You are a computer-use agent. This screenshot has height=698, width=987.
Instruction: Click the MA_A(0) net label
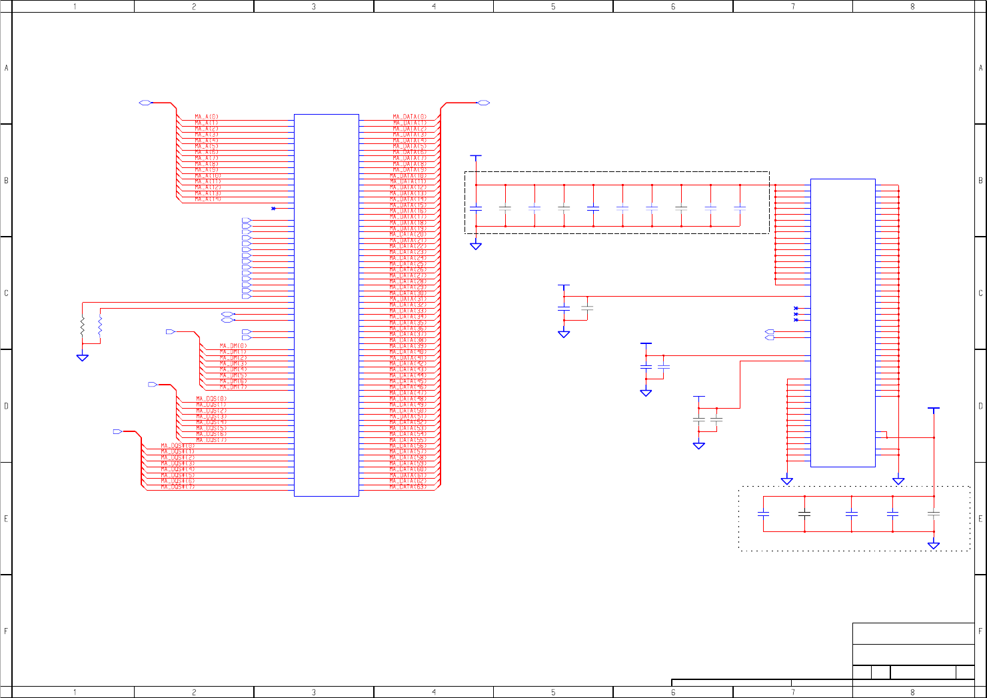pyautogui.click(x=207, y=117)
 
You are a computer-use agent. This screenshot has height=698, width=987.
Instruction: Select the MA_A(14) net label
pyautogui.click(x=208, y=199)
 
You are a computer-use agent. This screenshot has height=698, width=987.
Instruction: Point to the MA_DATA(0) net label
pyautogui.click(x=409, y=117)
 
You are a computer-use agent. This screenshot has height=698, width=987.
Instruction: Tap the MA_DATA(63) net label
pyautogui.click(x=408, y=487)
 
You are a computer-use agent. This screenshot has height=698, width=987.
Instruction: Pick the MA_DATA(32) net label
pyautogui.click(x=408, y=305)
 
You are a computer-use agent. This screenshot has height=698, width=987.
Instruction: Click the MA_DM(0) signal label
pyautogui.click(x=233, y=346)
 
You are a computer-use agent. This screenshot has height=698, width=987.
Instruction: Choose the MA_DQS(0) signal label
pyautogui.click(x=211, y=399)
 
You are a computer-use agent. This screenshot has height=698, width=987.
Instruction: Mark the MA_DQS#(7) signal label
pyautogui.click(x=178, y=487)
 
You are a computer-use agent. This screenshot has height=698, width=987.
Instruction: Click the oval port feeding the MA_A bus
pyautogui.click(x=145, y=103)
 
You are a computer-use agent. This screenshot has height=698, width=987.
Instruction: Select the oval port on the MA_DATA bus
pyautogui.click(x=484, y=103)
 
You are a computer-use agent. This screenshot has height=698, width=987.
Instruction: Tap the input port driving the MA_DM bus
pyautogui.click(x=170, y=331)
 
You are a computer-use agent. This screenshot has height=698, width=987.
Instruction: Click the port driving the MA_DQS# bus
pyautogui.click(x=117, y=432)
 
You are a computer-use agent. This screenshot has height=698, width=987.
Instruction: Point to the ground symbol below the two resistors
pyautogui.click(x=83, y=357)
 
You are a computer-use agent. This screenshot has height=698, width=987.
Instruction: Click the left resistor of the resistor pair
pyautogui.click(x=83, y=327)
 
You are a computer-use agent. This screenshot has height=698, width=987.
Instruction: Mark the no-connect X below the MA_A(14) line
pyautogui.click(x=273, y=209)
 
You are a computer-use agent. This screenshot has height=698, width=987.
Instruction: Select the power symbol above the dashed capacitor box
pyautogui.click(x=476, y=157)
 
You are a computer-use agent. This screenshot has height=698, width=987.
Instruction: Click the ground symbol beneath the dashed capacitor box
pyautogui.click(x=476, y=246)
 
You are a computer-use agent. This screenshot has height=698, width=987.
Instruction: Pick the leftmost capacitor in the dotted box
pyautogui.click(x=764, y=514)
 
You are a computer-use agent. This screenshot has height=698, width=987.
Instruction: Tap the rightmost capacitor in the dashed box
pyautogui.click(x=740, y=208)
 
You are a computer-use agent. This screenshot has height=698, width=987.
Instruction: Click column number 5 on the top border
pyautogui.click(x=553, y=7)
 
